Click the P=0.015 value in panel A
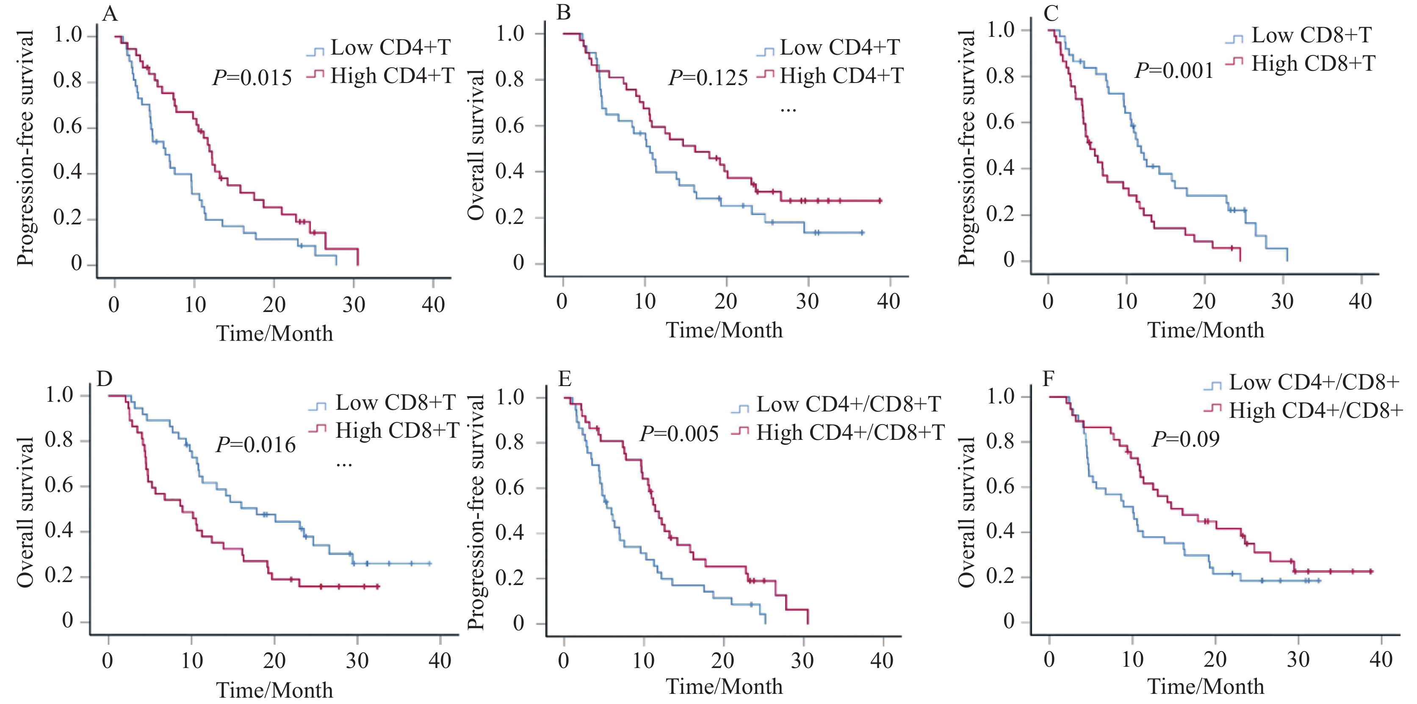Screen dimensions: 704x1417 [252, 77]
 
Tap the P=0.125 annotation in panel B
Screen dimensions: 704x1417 [708, 78]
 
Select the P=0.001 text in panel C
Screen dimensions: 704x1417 [1174, 70]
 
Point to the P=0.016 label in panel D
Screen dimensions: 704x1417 [256, 444]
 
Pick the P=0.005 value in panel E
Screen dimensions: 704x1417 [679, 434]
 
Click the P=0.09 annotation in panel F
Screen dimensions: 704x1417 [1185, 439]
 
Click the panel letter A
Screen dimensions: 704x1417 [110, 13]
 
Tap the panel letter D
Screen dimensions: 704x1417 [105, 378]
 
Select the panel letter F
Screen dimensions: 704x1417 [1049, 378]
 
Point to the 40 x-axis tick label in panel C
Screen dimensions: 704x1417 [1360, 301]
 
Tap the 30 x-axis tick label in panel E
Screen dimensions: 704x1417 [802, 660]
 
